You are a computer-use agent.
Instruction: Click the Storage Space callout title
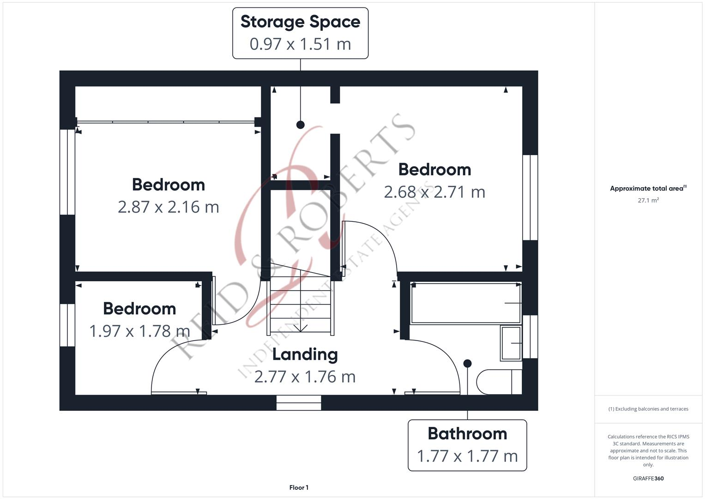click(300, 22)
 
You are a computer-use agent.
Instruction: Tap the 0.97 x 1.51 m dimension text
click(300, 44)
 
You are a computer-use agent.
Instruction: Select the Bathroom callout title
click(467, 433)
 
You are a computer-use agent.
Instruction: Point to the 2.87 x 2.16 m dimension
click(168, 207)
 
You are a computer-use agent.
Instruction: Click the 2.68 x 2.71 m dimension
click(434, 192)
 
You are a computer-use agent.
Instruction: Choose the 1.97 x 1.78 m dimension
click(139, 331)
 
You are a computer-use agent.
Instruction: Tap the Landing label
click(305, 354)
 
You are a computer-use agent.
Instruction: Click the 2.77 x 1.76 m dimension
click(305, 377)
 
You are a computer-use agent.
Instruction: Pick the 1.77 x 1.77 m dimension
click(467, 456)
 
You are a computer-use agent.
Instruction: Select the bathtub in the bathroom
click(466, 303)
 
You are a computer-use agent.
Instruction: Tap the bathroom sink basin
click(511, 343)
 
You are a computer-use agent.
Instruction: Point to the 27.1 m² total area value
click(648, 201)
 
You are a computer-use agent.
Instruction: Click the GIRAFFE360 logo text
click(648, 479)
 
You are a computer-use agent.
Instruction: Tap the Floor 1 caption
click(299, 487)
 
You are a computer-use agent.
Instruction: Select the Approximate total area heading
click(648, 189)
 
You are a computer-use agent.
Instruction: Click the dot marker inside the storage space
click(301, 125)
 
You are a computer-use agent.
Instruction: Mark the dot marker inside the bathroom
click(467, 364)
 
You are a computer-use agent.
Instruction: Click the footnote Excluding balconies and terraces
click(648, 409)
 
